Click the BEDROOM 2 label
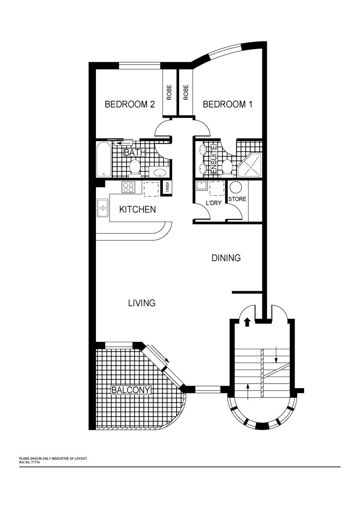(x=130, y=104)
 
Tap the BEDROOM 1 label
(x=227, y=104)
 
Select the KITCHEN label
(x=137, y=209)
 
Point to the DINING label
(x=226, y=258)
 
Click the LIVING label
(x=142, y=303)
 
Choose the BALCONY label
(x=131, y=390)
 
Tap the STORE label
(x=237, y=199)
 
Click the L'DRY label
(x=213, y=203)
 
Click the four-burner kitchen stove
(x=128, y=188)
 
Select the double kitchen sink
(x=103, y=208)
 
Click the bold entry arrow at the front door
(x=247, y=322)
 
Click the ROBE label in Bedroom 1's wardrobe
(x=186, y=92)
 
